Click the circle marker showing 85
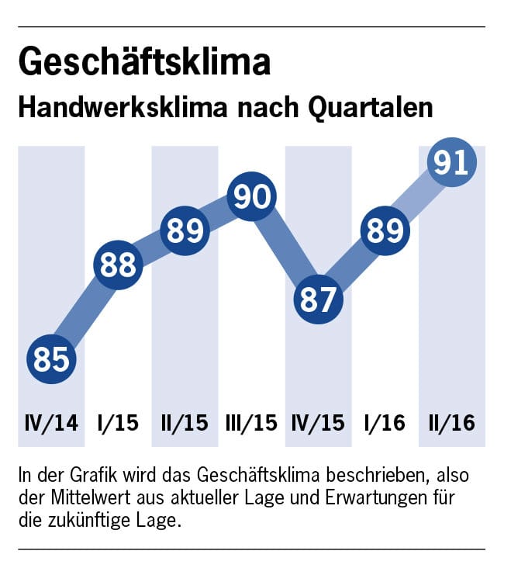(x=52, y=359)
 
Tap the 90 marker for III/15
(x=252, y=197)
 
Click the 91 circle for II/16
(x=451, y=164)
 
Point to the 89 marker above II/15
(x=185, y=231)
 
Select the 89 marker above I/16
(x=385, y=231)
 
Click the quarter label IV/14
(x=51, y=424)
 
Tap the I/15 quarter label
(x=118, y=424)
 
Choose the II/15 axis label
(x=185, y=424)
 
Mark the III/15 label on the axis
(x=251, y=424)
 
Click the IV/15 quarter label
(x=319, y=424)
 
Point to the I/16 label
(x=385, y=424)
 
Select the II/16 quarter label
(x=452, y=424)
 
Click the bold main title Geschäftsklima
(x=144, y=63)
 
